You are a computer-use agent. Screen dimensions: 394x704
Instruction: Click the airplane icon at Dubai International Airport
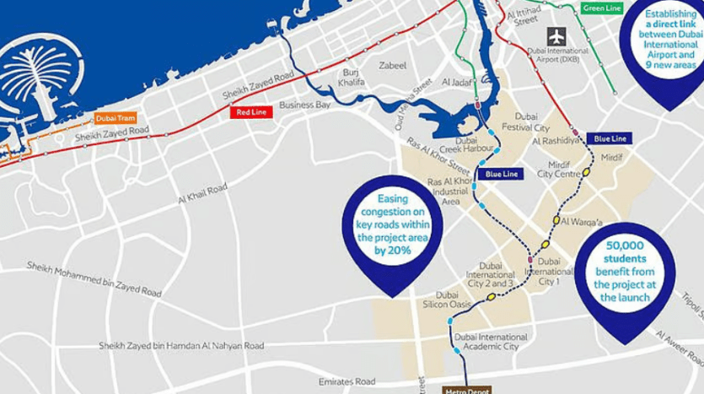(556, 36)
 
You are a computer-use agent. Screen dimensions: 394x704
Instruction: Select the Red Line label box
(252, 111)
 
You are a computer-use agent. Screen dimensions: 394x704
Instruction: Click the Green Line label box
(601, 8)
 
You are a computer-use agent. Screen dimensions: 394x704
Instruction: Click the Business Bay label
(304, 105)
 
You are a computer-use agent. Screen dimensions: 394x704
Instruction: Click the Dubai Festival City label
(526, 121)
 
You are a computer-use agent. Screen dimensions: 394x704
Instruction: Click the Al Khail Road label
(202, 194)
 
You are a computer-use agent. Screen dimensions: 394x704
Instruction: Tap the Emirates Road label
(347, 381)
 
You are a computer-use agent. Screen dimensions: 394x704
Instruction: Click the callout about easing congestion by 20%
(392, 227)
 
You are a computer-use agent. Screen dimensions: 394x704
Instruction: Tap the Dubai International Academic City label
(490, 341)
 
